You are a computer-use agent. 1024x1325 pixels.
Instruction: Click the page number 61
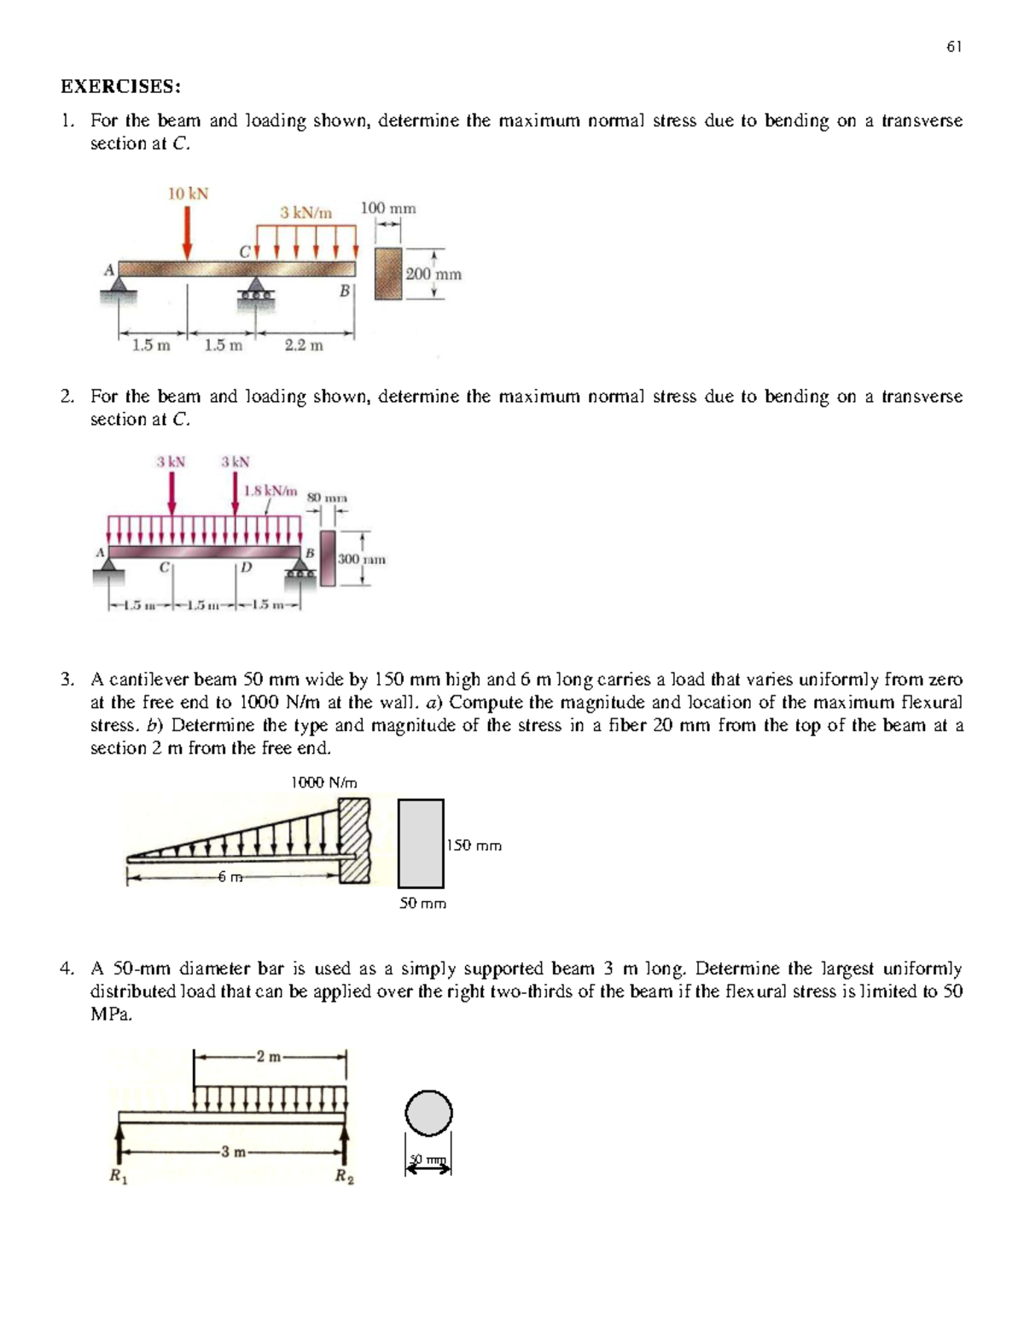[954, 47]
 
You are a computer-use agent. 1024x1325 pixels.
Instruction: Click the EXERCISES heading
[120, 86]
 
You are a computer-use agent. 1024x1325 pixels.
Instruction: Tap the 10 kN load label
[188, 194]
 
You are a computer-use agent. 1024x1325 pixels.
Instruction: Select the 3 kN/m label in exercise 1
[305, 212]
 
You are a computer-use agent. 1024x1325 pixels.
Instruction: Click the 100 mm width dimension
[388, 208]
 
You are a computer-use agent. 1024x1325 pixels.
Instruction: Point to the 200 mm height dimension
[433, 274]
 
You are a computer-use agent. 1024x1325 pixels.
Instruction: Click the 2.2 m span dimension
[304, 346]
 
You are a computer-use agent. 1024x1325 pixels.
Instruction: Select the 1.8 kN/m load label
[271, 491]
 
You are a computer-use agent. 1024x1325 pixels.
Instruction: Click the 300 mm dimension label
[362, 560]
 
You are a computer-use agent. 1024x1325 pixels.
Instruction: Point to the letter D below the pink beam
[246, 567]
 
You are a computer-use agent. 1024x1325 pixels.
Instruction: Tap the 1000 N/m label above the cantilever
[324, 782]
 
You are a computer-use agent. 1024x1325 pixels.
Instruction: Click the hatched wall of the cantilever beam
[354, 840]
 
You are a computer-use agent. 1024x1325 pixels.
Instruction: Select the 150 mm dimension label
[474, 846]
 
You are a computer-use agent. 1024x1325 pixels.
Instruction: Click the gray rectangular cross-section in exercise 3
[421, 843]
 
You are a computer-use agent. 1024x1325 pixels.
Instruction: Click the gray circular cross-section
[428, 1113]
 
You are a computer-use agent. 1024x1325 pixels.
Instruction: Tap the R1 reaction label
[114, 1177]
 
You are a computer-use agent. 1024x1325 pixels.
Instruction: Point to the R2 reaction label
[344, 1177]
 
